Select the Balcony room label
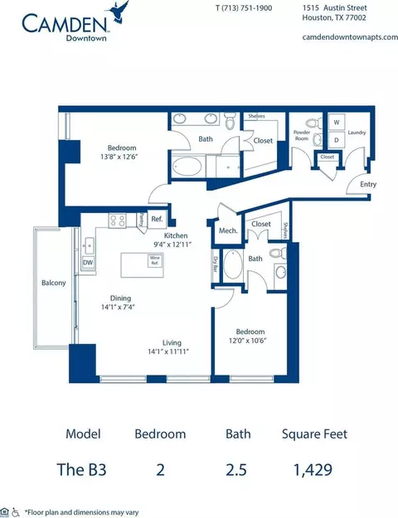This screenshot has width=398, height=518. coord(53,283)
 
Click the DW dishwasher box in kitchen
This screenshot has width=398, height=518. coord(88,263)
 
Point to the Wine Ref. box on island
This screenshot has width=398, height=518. coord(153,259)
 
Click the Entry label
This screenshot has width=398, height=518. coord(368,184)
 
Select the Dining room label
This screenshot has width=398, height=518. coord(122,298)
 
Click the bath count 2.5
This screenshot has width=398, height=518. coord(238,470)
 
